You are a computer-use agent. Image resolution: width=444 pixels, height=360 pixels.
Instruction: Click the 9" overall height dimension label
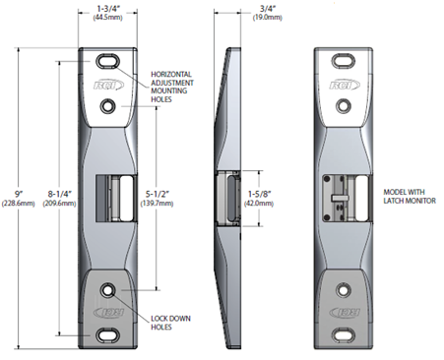pyautogui.click(x=19, y=194)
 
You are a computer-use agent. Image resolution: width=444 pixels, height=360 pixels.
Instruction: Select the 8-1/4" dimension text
pyautogui.click(x=60, y=194)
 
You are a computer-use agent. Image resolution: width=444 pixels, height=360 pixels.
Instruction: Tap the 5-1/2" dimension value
pyautogui.click(x=158, y=194)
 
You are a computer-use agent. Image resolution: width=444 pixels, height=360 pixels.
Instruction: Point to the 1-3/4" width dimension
pyautogui.click(x=107, y=8)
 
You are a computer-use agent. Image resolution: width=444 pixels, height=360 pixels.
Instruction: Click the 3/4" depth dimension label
pyautogui.click(x=267, y=8)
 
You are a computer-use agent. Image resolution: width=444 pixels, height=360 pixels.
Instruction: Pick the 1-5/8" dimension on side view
pyautogui.click(x=259, y=194)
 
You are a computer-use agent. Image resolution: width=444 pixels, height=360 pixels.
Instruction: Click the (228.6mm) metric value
pyautogui.click(x=18, y=204)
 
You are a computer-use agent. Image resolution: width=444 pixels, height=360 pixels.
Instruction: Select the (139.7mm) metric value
pyautogui.click(x=158, y=204)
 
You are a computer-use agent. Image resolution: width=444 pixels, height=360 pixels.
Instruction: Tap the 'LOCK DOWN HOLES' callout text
pyautogui.click(x=170, y=323)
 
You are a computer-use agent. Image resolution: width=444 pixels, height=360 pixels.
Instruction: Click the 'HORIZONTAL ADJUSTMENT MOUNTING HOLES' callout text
pyautogui.click(x=172, y=87)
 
